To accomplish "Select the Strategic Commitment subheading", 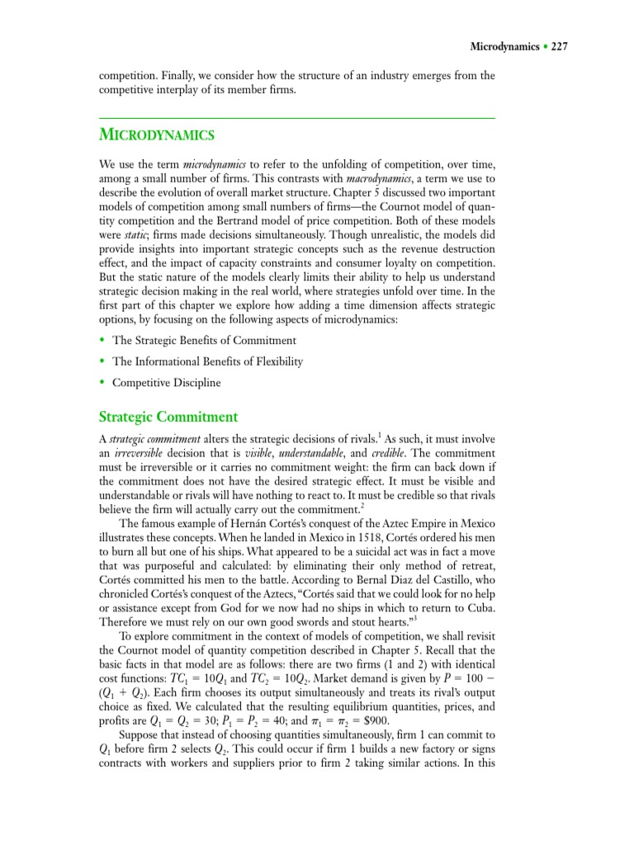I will tap(168, 417).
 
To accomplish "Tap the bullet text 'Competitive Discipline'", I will tap(167, 383).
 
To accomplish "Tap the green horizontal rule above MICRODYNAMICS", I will tap(296, 118).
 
